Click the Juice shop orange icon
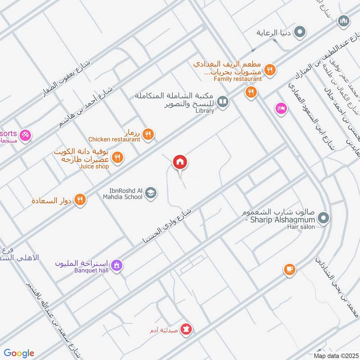117,157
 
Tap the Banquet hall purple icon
117,265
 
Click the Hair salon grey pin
323,219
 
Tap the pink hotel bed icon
281,108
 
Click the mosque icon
344,21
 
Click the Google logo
19,353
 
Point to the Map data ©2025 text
335,355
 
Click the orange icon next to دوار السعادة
80,199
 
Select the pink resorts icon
26,134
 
